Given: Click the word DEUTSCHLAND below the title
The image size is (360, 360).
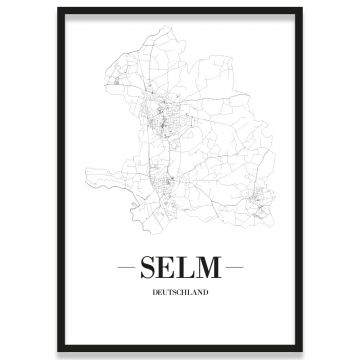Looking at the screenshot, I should tap(180, 293).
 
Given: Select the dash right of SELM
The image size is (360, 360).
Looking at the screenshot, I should tap(233, 269).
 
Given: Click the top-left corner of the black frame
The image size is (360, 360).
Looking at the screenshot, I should tap(59, 9).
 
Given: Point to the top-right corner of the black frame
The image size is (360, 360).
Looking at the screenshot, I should tap(301, 9).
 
